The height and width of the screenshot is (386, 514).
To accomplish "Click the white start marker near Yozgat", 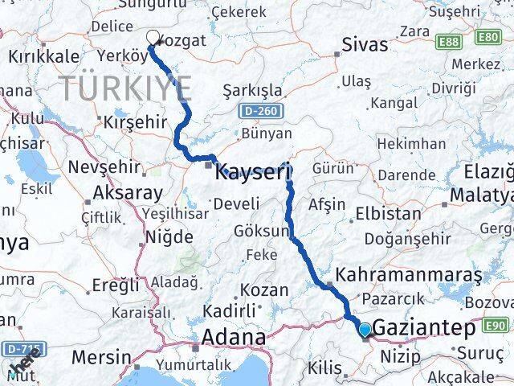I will click(x=153, y=36).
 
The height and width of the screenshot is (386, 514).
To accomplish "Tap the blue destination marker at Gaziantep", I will click(x=365, y=329).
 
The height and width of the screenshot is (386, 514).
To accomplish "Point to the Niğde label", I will click(x=169, y=237).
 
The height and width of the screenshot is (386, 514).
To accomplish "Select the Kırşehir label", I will click(x=135, y=121).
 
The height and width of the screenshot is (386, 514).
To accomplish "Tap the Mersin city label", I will click(x=101, y=356).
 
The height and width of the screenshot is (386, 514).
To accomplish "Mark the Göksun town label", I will click(x=261, y=231).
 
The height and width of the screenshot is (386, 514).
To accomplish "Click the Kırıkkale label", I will click(x=43, y=56).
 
